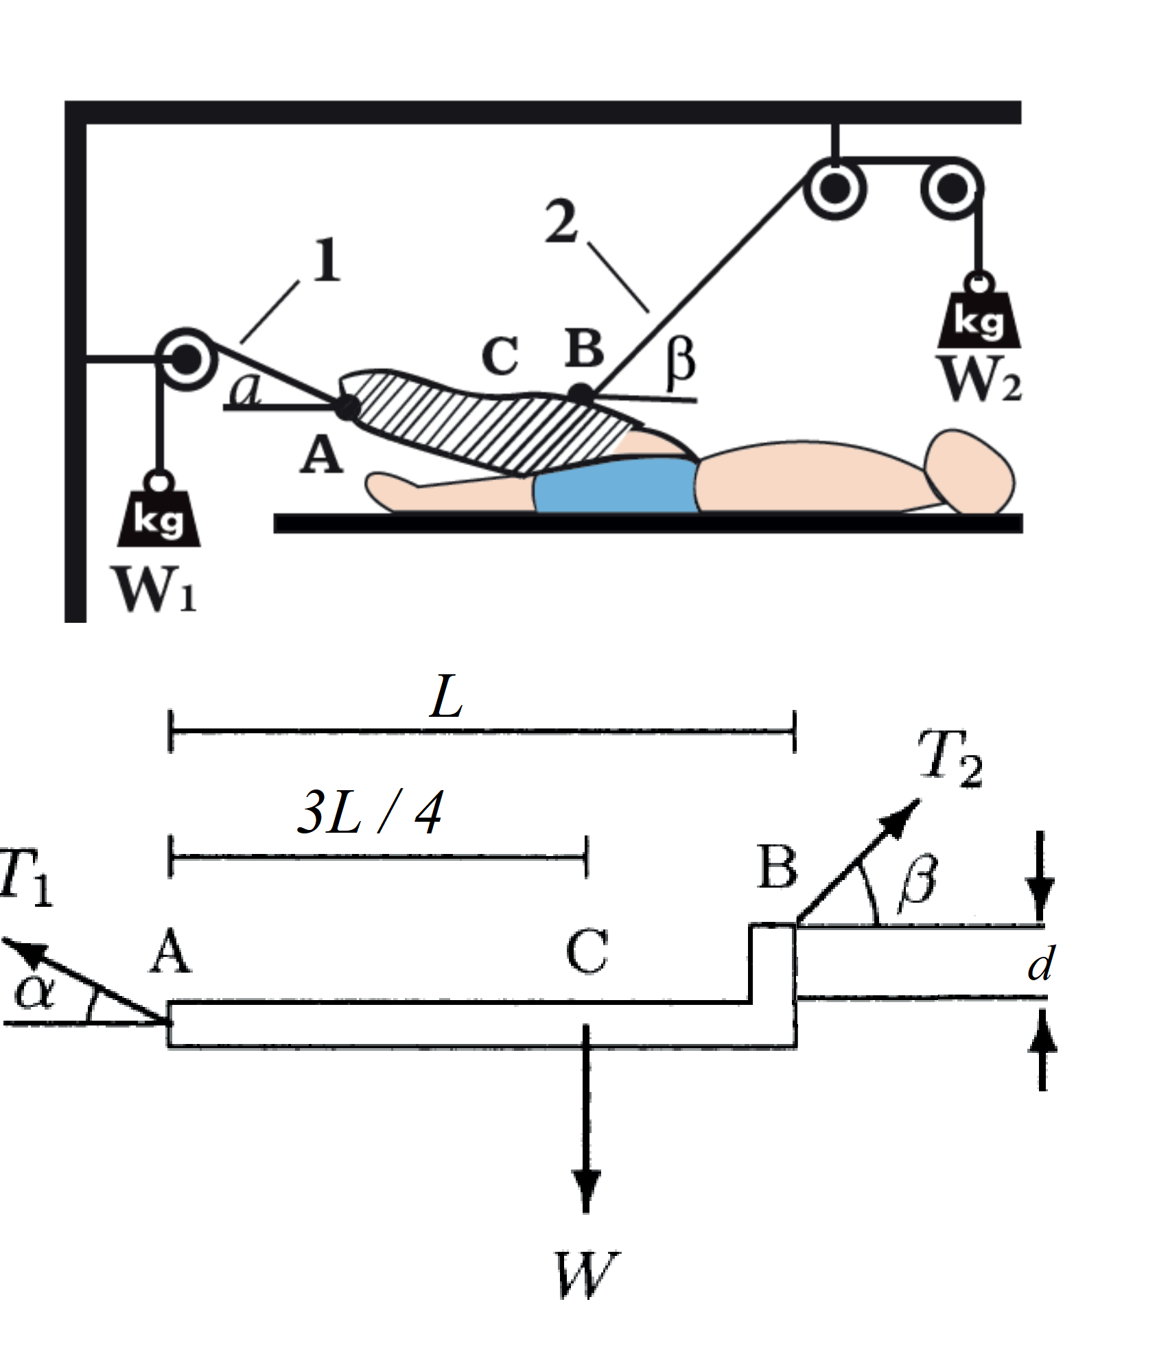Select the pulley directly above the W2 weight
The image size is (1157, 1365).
click(x=952, y=189)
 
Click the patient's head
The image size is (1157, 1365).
click(x=969, y=472)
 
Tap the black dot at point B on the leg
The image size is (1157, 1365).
click(x=581, y=394)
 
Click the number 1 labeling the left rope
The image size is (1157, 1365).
click(x=326, y=261)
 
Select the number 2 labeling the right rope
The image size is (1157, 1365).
click(x=561, y=222)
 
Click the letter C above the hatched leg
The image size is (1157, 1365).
click(x=500, y=357)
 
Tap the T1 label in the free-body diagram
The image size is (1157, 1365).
click(x=26, y=878)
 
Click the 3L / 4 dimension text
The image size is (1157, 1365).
click(x=371, y=813)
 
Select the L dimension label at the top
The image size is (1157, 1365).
click(x=446, y=698)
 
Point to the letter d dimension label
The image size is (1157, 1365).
click(x=1040, y=964)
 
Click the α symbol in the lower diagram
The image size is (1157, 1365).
click(x=33, y=991)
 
